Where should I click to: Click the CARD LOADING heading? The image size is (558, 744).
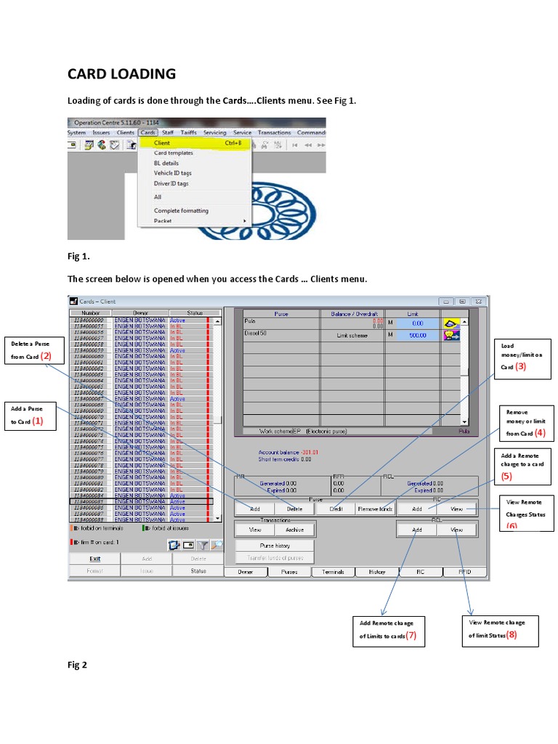121,73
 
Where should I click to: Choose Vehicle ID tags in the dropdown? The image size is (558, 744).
173,173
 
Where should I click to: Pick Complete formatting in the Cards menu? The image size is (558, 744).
181,211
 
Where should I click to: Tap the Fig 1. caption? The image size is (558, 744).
78,256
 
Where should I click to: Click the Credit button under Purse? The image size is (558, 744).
336,509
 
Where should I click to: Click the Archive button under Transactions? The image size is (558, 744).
294,530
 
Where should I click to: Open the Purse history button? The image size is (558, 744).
275,545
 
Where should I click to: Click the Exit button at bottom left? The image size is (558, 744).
95,559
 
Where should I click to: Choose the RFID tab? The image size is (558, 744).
464,572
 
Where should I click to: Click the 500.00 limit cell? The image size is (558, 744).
416,335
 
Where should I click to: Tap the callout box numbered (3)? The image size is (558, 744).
520,357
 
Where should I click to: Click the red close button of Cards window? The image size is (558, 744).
478,301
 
